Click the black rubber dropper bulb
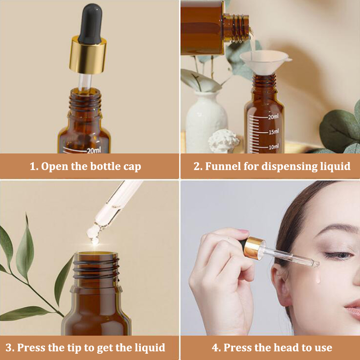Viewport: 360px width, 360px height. point(90,23)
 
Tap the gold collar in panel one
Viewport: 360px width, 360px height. point(88,55)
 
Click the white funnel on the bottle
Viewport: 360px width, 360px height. point(265,62)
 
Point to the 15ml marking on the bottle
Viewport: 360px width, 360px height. point(274,132)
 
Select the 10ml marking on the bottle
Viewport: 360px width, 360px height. point(274,147)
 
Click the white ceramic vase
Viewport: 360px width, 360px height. point(206,121)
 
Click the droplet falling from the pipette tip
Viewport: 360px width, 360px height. point(95,241)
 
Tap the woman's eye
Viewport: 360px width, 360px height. point(339,255)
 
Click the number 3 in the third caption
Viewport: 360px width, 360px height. point(9,348)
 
